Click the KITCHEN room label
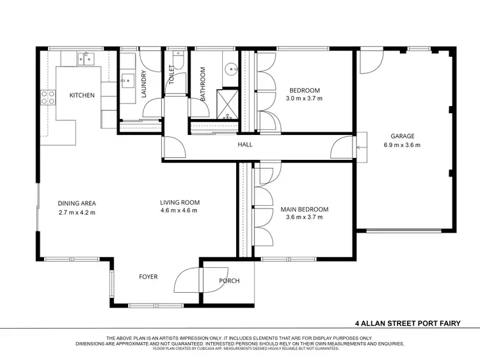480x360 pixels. [82, 95]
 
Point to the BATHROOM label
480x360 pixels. [202, 85]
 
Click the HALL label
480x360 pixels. [245, 145]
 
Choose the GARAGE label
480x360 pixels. [403, 136]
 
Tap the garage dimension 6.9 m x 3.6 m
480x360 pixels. [403, 145]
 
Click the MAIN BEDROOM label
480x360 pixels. [305, 209]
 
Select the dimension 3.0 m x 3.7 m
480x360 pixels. [304, 98]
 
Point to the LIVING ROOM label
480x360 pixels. [179, 203]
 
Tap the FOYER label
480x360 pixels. [148, 277]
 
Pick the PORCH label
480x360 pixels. [228, 280]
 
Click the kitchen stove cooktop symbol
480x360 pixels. [47, 97]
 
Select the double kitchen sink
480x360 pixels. [86, 58]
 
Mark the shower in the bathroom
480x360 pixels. [227, 102]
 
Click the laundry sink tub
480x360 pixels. [127, 81]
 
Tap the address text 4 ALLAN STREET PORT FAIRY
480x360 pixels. [408, 323]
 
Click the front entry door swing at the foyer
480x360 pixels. [189, 279]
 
